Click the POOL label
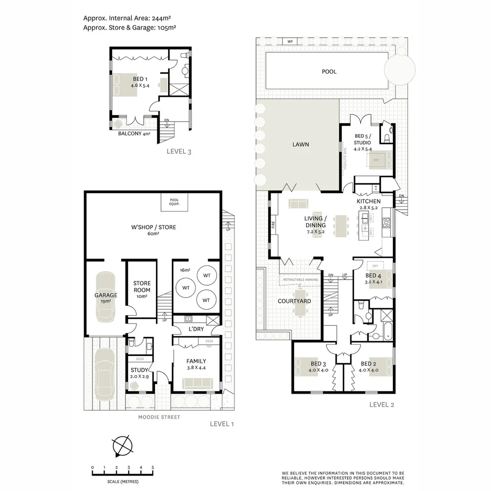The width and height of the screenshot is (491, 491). tap(329, 71)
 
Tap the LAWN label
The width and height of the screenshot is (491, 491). tap(301, 145)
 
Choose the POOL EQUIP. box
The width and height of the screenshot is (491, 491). tap(174, 202)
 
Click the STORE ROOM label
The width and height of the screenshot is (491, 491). tap(142, 290)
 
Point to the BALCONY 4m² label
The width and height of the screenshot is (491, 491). tap(134, 134)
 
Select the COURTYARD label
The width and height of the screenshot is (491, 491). tap(294, 301)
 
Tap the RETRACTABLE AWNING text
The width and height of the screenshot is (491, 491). tap(301, 279)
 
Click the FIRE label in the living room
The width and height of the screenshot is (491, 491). tap(273, 224)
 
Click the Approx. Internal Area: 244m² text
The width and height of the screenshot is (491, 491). tap(127, 18)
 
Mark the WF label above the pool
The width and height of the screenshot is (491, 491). tap(290, 41)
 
